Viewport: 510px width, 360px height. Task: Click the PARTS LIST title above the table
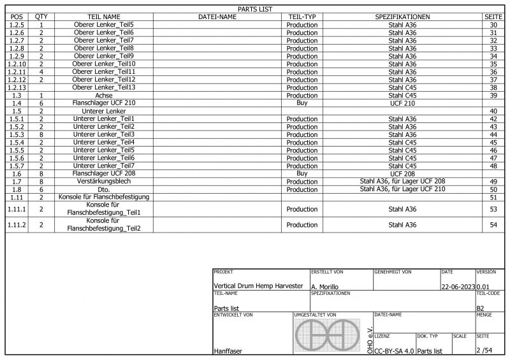(x=255, y=9)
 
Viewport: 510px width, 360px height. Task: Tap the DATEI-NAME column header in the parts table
(x=217, y=17)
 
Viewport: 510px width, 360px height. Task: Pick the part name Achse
(x=103, y=95)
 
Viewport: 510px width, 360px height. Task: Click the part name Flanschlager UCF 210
(x=103, y=103)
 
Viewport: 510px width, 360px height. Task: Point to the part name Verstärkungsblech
(x=103, y=181)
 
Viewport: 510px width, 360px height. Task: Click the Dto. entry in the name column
(x=103, y=189)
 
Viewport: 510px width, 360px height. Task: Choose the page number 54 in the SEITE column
(x=493, y=225)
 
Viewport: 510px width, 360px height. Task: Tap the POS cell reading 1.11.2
(x=17, y=225)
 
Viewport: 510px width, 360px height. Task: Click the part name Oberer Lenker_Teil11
(x=103, y=71)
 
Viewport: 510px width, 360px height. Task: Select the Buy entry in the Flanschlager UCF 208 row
(x=302, y=173)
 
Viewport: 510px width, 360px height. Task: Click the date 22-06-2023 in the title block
(x=458, y=287)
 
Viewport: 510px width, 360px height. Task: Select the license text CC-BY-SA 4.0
(x=394, y=350)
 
